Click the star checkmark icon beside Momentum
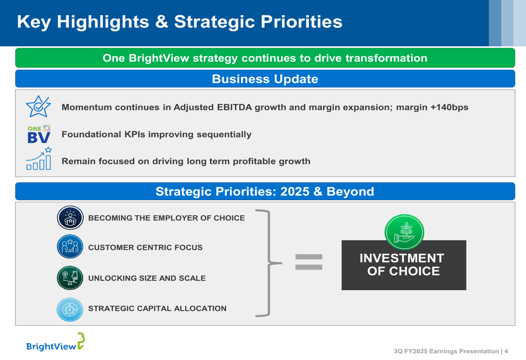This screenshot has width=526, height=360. pyautogui.click(x=38, y=106)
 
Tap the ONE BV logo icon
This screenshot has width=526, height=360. pyautogui.click(x=39, y=134)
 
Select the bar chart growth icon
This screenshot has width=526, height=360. pyautogui.click(x=39, y=159)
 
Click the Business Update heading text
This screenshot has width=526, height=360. pyautogui.click(x=265, y=79)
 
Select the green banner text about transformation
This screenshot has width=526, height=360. pyautogui.click(x=265, y=58)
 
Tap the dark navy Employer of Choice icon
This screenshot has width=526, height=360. pyautogui.click(x=70, y=218)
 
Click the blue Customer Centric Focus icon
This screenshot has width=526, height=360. pyautogui.click(x=70, y=246)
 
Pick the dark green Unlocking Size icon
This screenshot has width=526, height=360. pyautogui.click(x=70, y=277)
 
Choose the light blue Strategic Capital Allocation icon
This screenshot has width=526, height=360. pyautogui.click(x=70, y=310)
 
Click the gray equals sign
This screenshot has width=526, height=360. pyautogui.click(x=309, y=262)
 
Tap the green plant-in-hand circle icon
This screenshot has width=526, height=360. pyautogui.click(x=404, y=232)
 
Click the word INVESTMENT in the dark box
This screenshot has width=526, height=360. pyautogui.click(x=402, y=258)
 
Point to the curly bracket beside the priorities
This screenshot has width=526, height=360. pyautogui.click(x=269, y=263)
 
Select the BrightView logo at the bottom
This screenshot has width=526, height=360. pyautogui.click(x=55, y=342)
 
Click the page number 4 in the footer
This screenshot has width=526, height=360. pyautogui.click(x=506, y=351)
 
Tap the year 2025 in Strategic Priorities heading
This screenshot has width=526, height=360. pyautogui.click(x=295, y=191)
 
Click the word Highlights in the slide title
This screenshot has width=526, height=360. pyautogui.click(x=103, y=22)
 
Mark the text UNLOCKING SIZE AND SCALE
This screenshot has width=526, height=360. pyautogui.click(x=147, y=278)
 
